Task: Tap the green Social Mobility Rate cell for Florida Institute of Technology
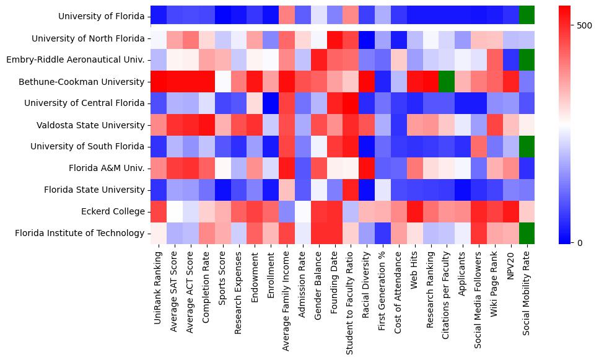coord(527,234)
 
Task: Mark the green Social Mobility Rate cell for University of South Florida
coord(527,147)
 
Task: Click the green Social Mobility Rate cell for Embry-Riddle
coord(527,60)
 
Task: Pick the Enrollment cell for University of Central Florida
coord(270,103)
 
